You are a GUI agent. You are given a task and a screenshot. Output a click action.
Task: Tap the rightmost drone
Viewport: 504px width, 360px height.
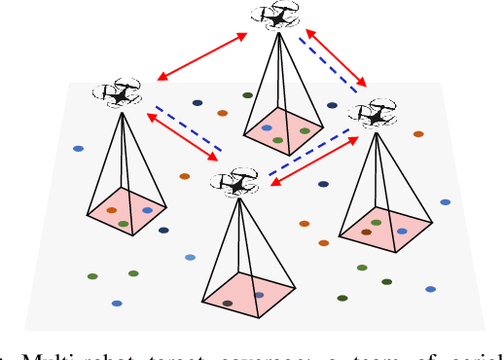coord(372,113)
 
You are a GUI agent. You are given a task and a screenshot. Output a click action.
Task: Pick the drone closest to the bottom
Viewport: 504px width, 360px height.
coord(236,181)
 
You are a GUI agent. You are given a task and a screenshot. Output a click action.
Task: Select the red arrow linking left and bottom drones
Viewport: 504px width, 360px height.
coord(182,135)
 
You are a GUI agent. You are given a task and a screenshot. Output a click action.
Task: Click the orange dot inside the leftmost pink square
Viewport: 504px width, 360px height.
coord(112,209)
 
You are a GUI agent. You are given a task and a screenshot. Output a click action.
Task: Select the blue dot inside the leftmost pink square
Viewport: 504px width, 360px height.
coord(147,209)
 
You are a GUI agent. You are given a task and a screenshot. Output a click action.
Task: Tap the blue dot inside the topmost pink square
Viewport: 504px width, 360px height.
coord(267,127)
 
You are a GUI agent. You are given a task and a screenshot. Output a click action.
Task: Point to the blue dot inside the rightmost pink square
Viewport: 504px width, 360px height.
coord(402,232)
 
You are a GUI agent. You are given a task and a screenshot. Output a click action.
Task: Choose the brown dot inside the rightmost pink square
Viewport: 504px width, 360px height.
coord(366,232)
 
